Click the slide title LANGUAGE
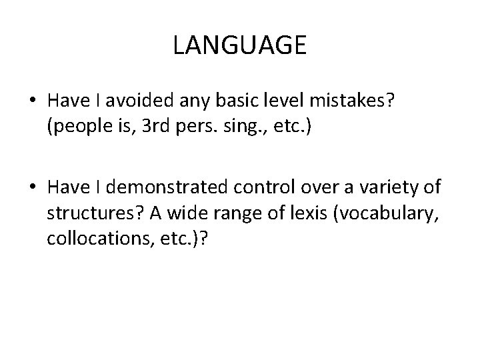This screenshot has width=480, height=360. point(239,46)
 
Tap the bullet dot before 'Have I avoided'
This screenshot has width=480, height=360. point(31,101)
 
